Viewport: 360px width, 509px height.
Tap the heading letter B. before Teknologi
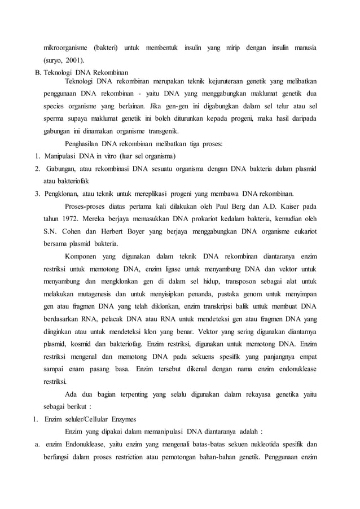coord(38,72)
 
